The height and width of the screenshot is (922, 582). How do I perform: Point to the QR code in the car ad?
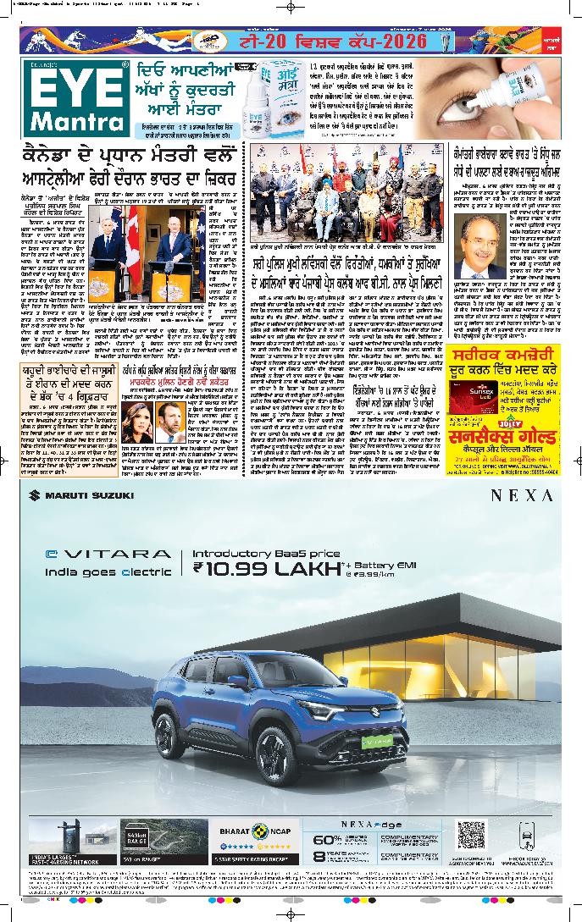pyautogui.click(x=470, y=835)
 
